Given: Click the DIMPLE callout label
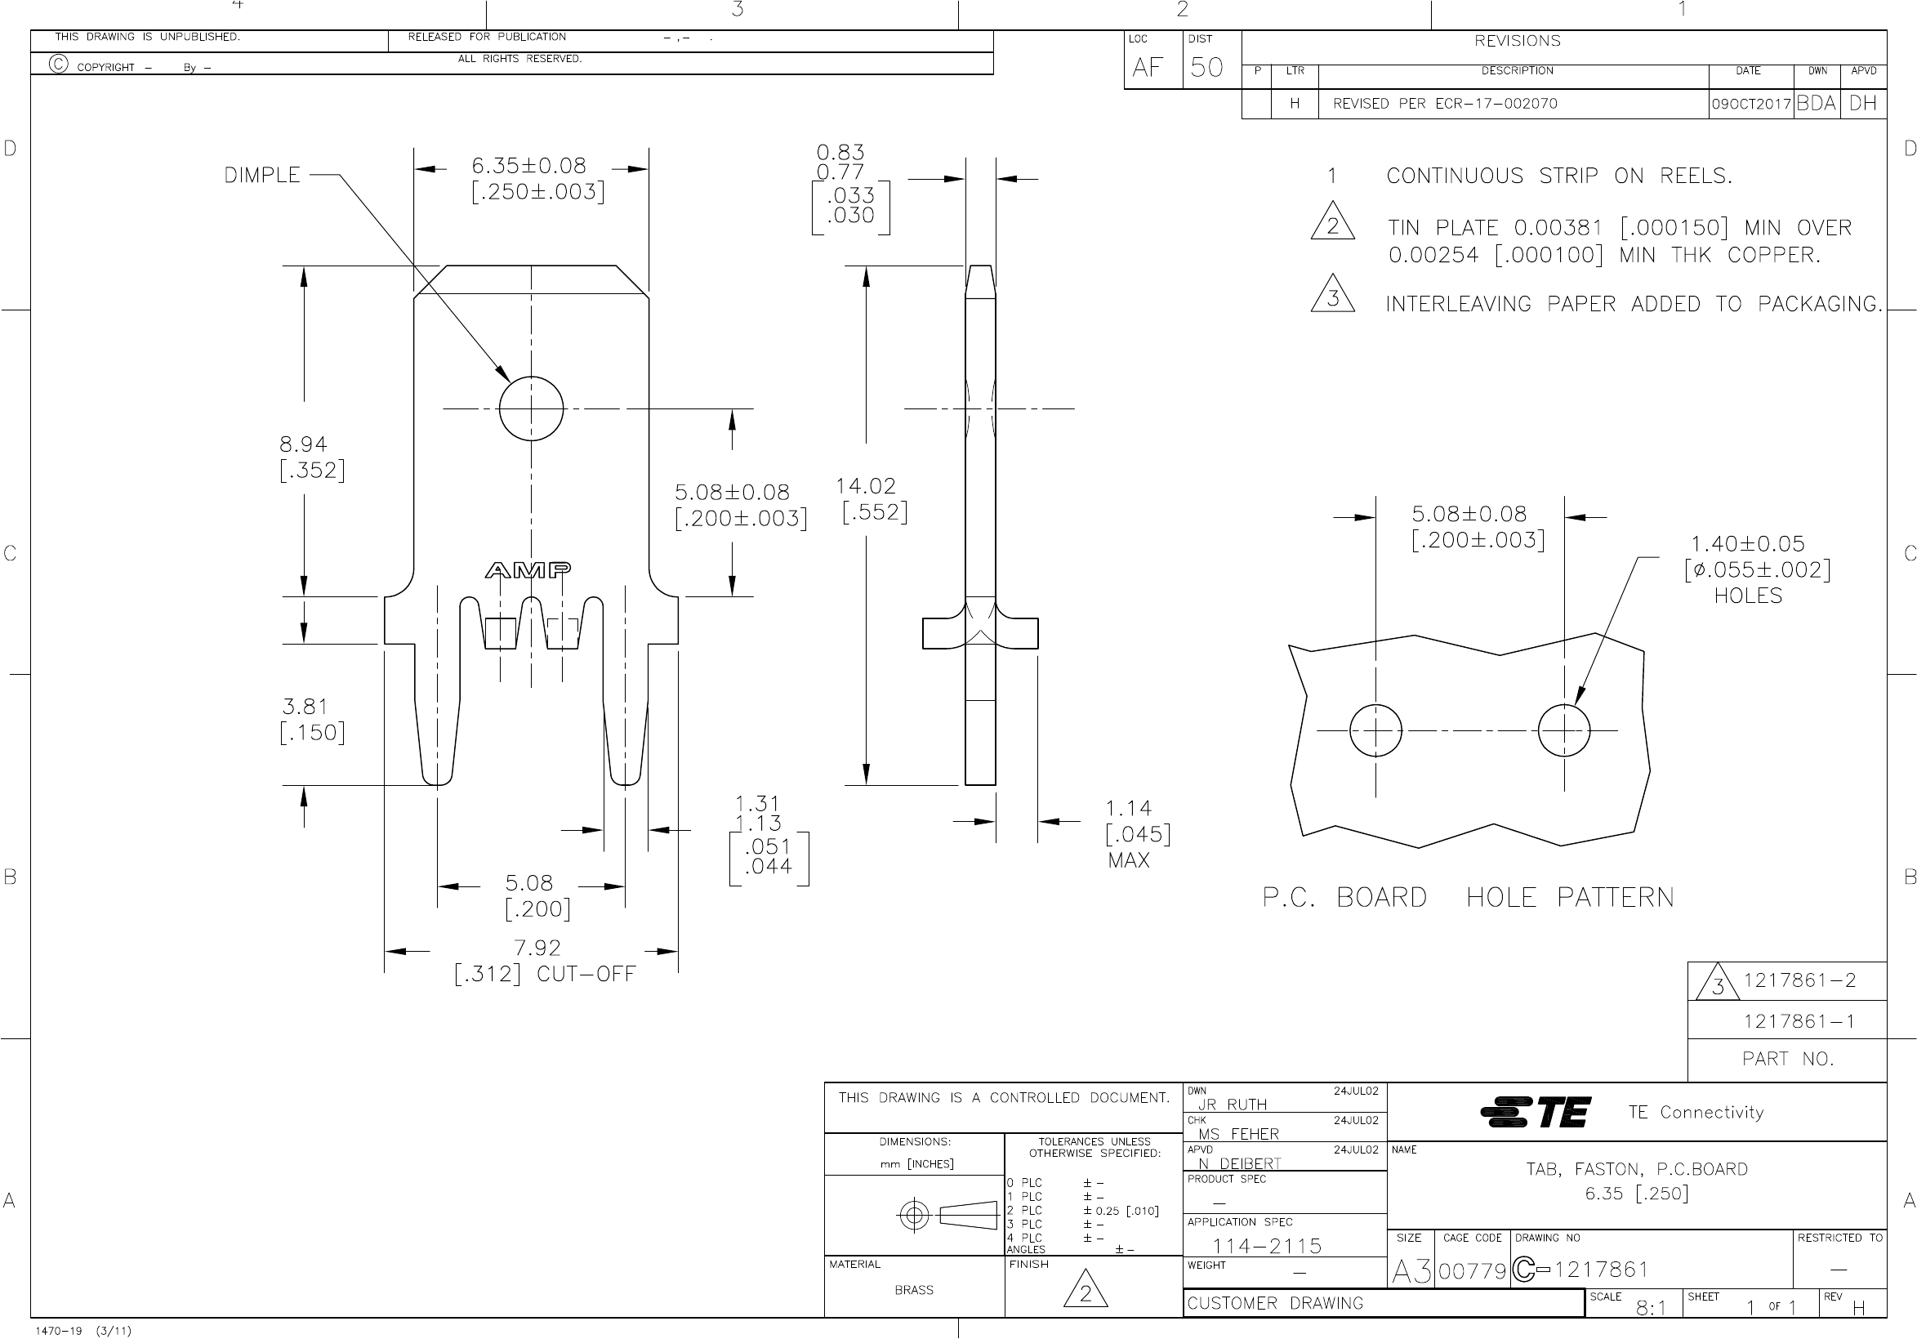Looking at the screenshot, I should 262,176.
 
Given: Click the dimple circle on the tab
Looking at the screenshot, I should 531,409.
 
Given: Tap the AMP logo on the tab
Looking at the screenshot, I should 528,570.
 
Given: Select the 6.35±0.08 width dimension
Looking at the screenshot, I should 528,166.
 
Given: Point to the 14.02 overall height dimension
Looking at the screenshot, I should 866,486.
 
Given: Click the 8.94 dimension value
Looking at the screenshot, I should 302,444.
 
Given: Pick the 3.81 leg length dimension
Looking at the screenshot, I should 305,707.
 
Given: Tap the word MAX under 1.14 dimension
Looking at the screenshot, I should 1128,860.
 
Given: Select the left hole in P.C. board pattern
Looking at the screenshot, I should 1375,730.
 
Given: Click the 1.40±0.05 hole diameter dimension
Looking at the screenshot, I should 1747,545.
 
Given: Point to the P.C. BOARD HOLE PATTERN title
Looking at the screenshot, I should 1468,898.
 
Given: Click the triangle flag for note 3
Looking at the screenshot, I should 1332,295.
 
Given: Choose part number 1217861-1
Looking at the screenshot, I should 1799,1021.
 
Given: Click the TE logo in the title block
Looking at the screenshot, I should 1536,1113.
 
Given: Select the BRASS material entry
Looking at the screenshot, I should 913,1291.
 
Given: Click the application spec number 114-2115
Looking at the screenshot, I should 1267,1248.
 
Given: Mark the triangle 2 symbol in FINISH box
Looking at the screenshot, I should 1085,1292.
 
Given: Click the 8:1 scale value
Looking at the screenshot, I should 1651,1309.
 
